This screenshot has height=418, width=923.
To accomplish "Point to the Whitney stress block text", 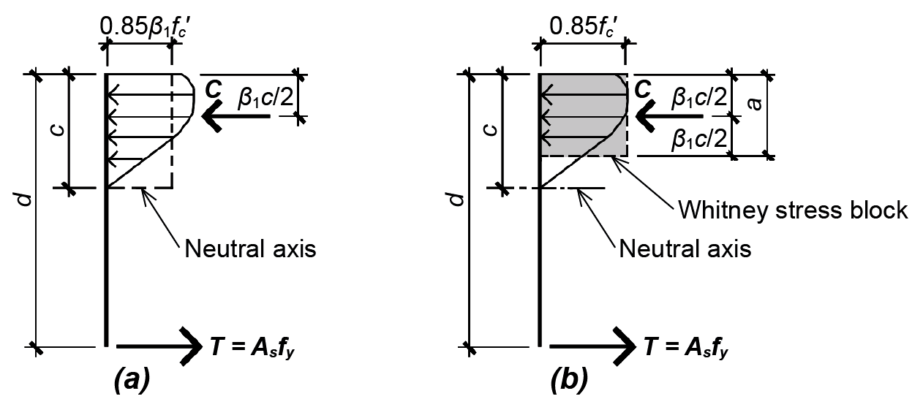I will (792, 210).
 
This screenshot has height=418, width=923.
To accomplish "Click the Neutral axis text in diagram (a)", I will (250, 248).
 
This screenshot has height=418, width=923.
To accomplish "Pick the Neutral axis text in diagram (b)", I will (685, 248).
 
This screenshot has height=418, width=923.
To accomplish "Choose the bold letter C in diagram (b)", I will (644, 89).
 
